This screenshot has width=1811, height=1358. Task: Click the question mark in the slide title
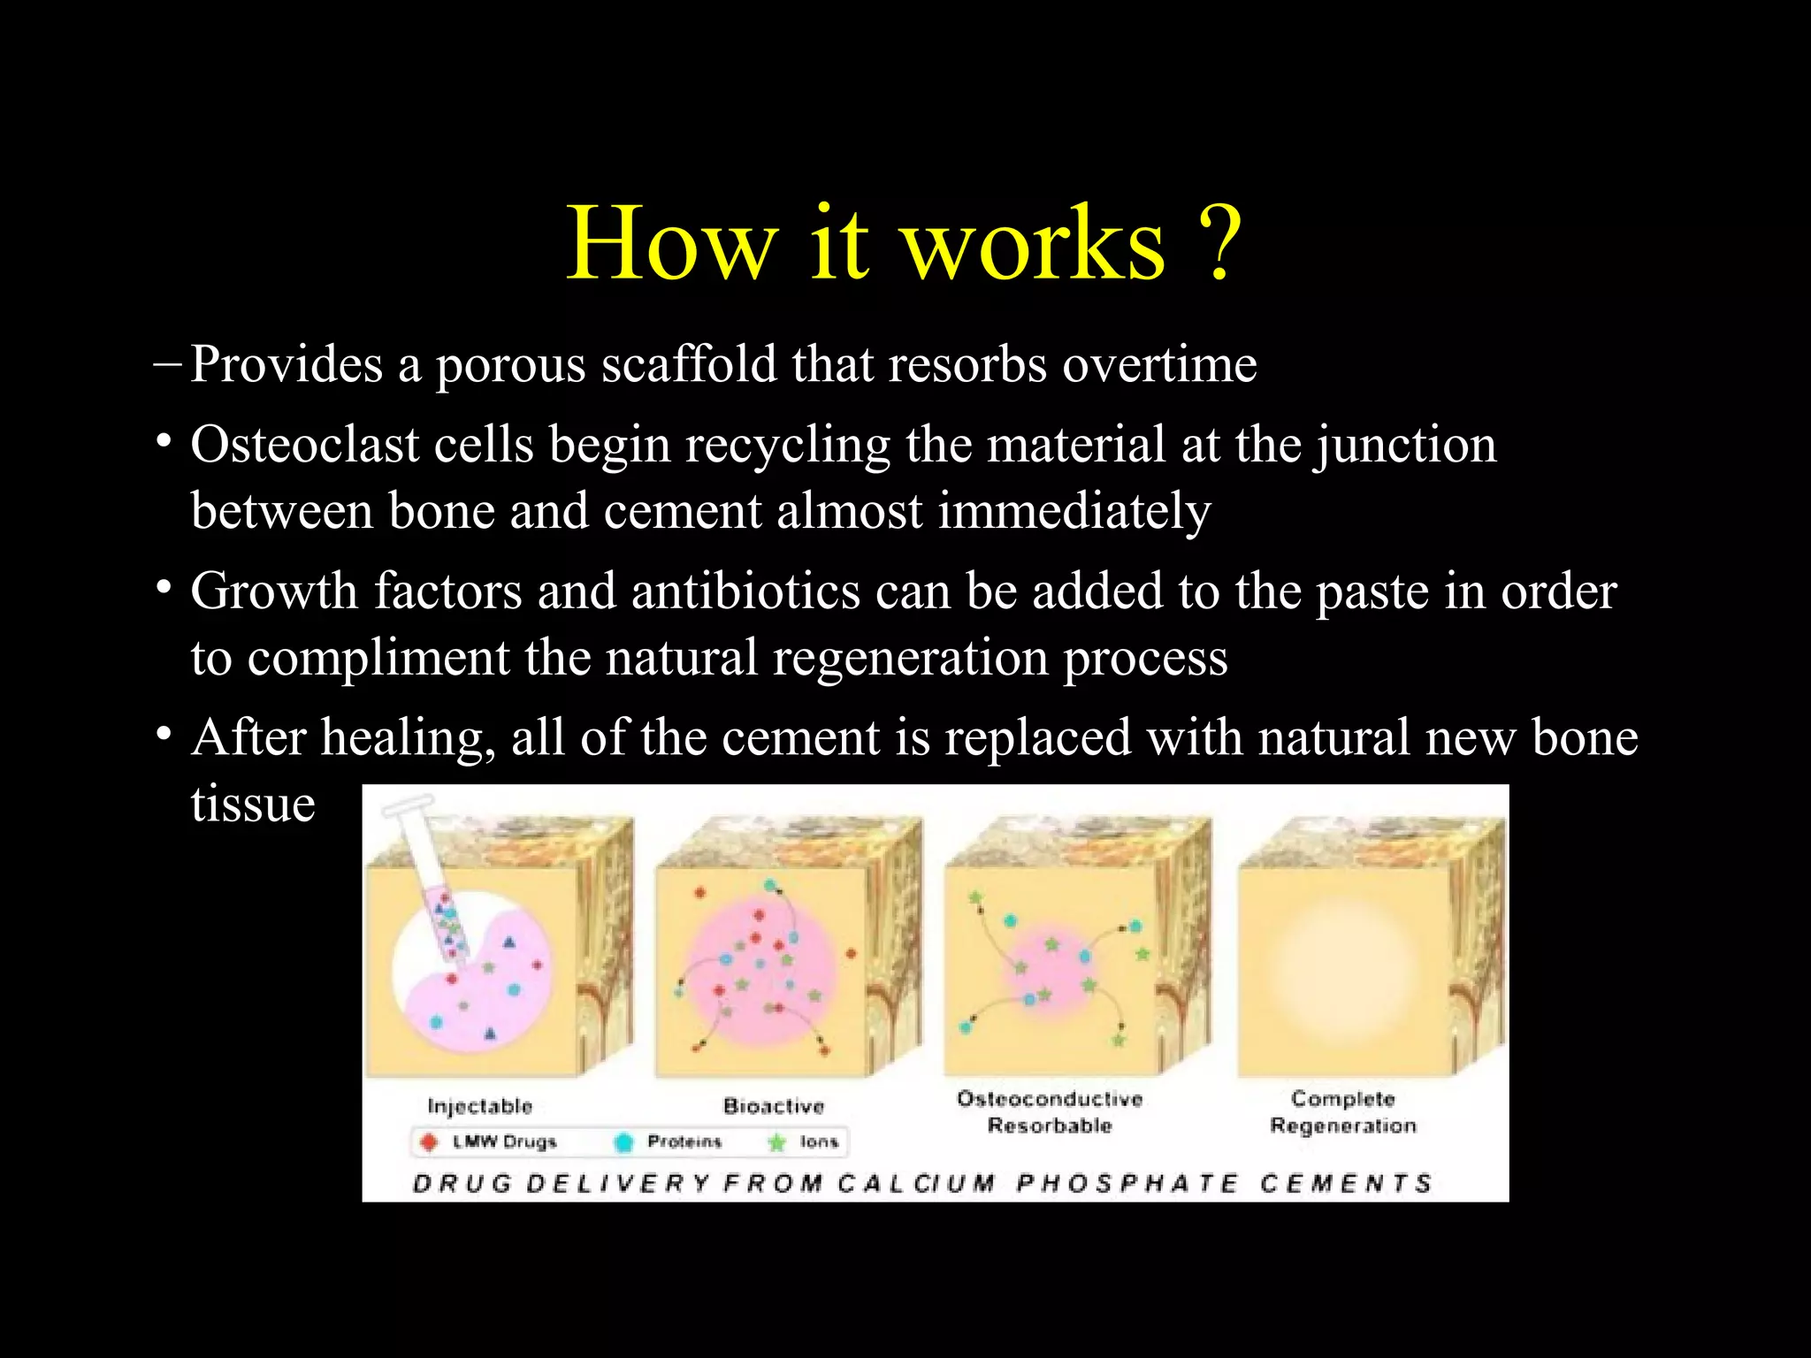[1218, 244]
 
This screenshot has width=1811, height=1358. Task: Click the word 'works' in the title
[1032, 244]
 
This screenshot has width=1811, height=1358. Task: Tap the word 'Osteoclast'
[305, 444]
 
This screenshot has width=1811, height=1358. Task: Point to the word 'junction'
[1406, 444]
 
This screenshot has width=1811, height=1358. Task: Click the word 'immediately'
[1074, 511]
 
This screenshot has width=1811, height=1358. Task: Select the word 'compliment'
[378, 658]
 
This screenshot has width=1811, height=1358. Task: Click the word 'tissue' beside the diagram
[253, 804]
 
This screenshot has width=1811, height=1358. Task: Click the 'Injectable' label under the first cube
[479, 1106]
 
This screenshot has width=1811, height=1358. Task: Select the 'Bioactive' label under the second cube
[773, 1106]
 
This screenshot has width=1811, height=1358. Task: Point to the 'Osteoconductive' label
[1050, 1099]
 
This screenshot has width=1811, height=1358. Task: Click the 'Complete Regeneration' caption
[1342, 1112]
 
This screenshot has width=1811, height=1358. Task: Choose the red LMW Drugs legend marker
[429, 1142]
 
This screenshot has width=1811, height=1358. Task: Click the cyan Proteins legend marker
[623, 1142]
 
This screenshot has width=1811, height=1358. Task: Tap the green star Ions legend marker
[776, 1142]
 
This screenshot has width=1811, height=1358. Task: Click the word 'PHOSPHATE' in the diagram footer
[1127, 1183]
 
